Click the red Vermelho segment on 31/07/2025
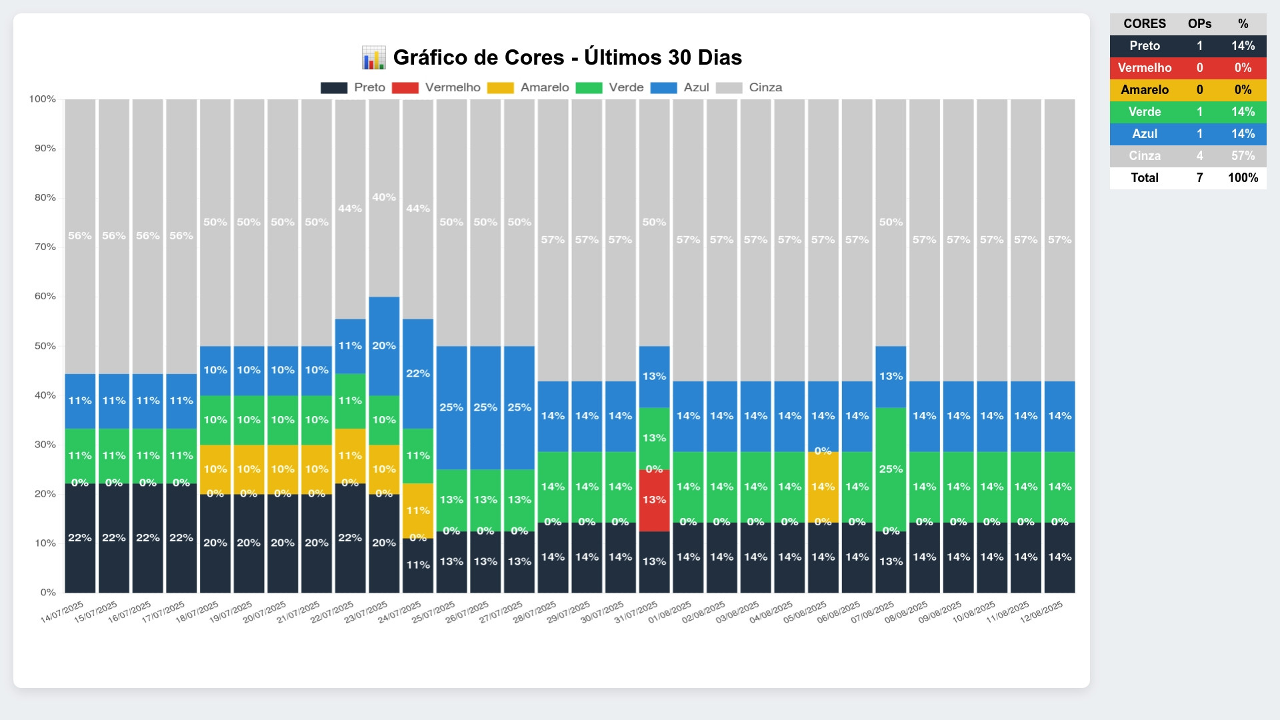click(654, 500)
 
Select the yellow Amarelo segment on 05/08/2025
click(823, 487)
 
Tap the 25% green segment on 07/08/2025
click(891, 469)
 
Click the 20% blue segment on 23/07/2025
click(384, 346)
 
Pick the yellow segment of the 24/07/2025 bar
click(418, 510)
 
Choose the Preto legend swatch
click(334, 88)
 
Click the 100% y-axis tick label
click(43, 99)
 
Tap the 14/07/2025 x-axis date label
click(62, 612)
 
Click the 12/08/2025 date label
click(1041, 612)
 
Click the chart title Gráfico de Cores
click(567, 57)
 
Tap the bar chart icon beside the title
click(373, 57)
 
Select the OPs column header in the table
click(1199, 24)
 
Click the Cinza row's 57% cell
click(1243, 156)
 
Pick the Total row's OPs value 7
click(1199, 178)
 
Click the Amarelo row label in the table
click(1144, 90)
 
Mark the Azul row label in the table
click(1144, 134)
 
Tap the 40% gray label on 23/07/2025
click(384, 197)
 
